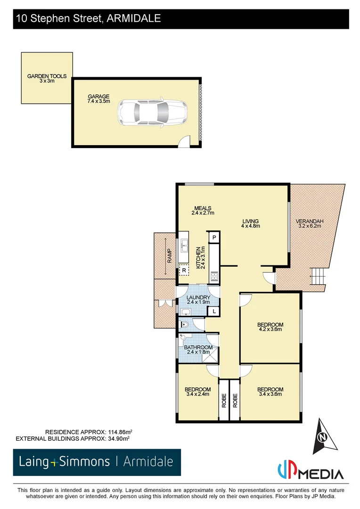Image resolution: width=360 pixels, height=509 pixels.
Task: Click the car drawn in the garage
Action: (152, 113)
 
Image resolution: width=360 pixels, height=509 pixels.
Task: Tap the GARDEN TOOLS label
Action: (47, 78)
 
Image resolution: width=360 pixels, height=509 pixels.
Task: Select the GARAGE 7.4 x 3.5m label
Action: (98, 99)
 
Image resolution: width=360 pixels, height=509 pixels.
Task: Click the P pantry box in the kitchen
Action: (214, 238)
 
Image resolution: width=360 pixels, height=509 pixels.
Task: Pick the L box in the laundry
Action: (214, 311)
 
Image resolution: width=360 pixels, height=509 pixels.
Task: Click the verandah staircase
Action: (318, 275)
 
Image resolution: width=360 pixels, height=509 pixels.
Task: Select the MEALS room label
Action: (203, 211)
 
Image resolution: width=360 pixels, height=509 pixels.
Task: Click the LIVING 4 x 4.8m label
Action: (251, 224)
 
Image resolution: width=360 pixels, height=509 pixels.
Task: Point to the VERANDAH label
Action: (309, 224)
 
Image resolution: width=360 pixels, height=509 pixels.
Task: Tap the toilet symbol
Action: (185, 324)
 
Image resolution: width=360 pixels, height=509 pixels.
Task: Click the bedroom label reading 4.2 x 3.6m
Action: (270, 327)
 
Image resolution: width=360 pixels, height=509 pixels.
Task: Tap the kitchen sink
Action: (185, 246)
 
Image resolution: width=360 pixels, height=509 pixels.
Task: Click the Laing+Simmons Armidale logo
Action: (97, 461)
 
